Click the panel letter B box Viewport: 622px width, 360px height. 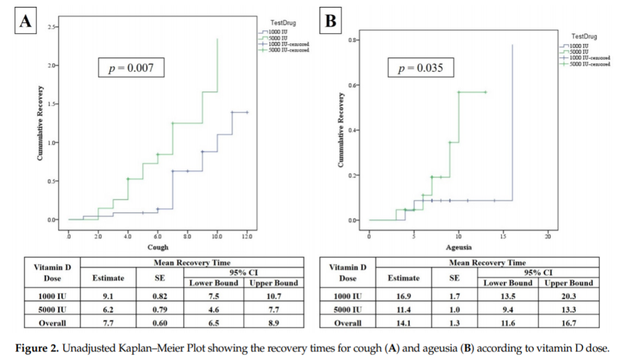331,22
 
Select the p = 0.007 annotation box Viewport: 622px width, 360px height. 131,68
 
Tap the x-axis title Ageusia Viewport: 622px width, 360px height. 458,247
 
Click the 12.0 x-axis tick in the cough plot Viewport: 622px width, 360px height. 247,236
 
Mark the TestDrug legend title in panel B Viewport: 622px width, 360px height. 584,36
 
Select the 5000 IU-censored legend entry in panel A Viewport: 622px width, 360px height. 289,49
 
